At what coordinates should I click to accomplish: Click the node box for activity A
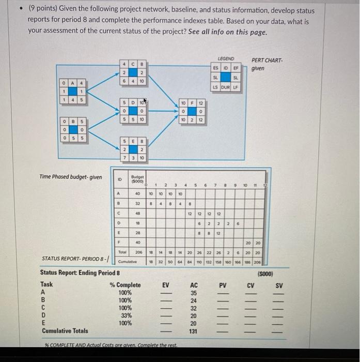pyautogui.click(x=73, y=90)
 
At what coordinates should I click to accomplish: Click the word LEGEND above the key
pyautogui.click(x=226, y=59)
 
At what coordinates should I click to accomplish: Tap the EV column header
pyautogui.click(x=165, y=284)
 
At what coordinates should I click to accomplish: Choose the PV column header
pyautogui.click(x=223, y=284)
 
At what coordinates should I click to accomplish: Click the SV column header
pyautogui.click(x=279, y=284)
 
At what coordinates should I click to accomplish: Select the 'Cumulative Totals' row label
pyautogui.click(x=65, y=330)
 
